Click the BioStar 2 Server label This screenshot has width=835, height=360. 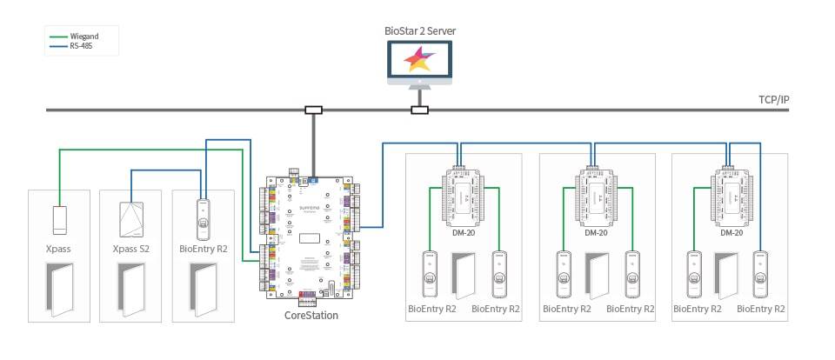pos(420,31)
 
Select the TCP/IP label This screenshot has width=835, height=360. pos(773,100)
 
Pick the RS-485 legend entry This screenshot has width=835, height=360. pos(81,46)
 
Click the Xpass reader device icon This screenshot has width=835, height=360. pos(58,218)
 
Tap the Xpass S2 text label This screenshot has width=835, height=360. pos(130,249)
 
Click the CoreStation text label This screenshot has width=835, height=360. pos(311,316)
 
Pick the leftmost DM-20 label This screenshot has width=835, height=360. pos(464,232)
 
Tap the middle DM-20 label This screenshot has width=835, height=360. pos(597,232)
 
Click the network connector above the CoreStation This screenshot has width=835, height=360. pos(313,110)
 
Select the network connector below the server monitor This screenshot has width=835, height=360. pos(419,110)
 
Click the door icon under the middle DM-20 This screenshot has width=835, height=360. pos(597,277)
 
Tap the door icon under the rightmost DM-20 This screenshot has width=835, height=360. pos(730,277)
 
